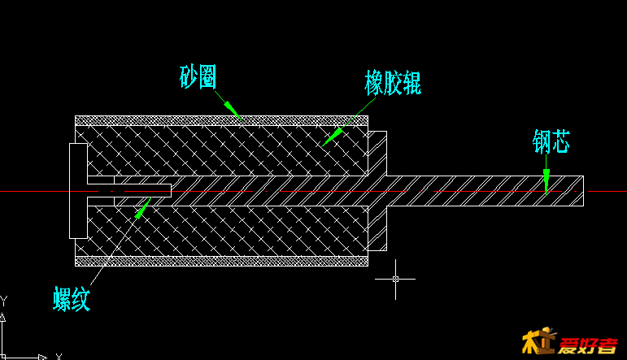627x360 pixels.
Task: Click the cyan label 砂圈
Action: (x=198, y=77)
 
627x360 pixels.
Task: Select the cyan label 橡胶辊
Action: (x=393, y=83)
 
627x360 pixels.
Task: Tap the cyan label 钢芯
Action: (x=551, y=141)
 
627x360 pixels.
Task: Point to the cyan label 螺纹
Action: (x=72, y=299)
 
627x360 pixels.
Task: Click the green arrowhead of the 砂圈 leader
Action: (x=231, y=108)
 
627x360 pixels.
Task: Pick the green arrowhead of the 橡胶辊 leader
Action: (x=330, y=136)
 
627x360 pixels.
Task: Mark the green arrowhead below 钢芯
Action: (x=546, y=180)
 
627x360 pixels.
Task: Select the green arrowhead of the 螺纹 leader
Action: (x=142, y=208)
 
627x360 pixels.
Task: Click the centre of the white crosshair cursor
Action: (x=395, y=279)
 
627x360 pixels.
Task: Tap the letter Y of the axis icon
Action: (x=3, y=301)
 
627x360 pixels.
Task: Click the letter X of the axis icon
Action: (x=59, y=356)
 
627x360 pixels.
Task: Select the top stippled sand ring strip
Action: (x=221, y=120)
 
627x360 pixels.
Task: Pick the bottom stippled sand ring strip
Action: (x=221, y=261)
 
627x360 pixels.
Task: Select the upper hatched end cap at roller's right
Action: (x=377, y=152)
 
